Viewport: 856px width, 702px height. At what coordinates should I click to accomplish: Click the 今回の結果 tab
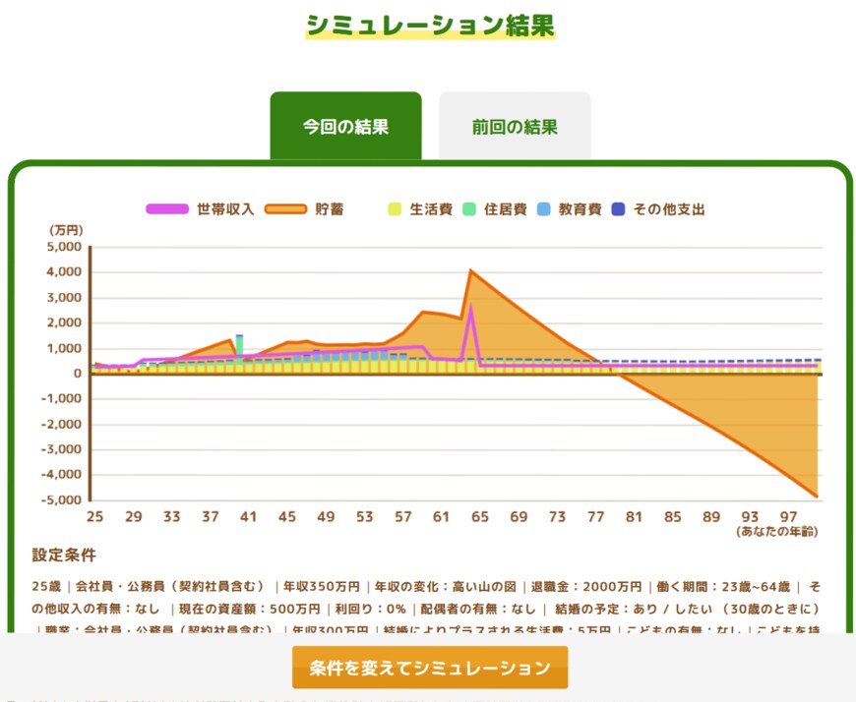click(x=345, y=127)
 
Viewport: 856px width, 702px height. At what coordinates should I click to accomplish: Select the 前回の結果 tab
click(x=515, y=127)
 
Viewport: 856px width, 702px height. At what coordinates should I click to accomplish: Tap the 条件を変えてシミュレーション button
click(x=430, y=669)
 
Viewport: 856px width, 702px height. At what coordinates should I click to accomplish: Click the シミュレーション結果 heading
click(x=430, y=25)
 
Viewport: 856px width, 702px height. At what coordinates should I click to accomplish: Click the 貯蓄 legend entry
click(x=307, y=209)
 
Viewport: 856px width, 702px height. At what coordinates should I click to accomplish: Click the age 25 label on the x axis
click(x=94, y=516)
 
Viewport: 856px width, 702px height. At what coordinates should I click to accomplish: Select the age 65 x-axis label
click(x=480, y=516)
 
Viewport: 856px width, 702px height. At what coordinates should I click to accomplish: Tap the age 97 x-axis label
click(x=788, y=516)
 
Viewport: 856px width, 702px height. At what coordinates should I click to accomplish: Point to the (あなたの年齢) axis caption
click(x=777, y=532)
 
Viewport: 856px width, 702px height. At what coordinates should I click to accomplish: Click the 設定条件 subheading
click(x=64, y=556)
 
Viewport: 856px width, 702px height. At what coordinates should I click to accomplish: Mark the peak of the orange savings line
click(x=471, y=270)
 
